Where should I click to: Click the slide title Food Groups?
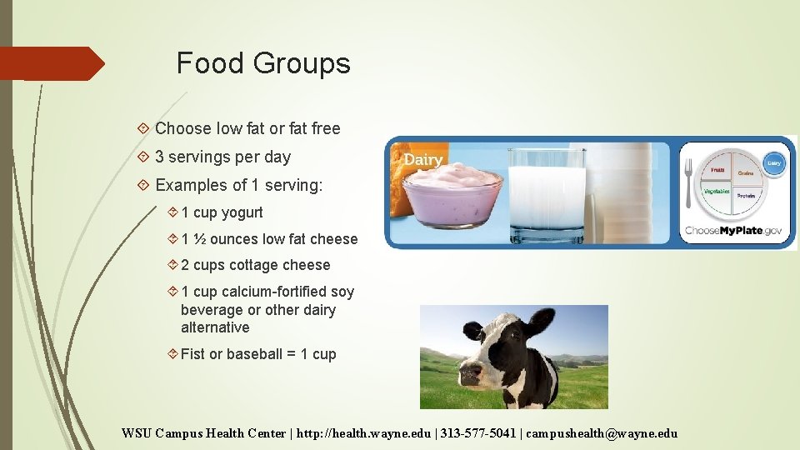[x=263, y=63]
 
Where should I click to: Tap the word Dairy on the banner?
[x=423, y=159]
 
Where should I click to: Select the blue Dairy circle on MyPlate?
[x=773, y=164]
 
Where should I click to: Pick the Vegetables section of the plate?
[x=716, y=192]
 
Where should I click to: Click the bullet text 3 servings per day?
[x=222, y=157]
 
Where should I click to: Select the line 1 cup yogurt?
[x=222, y=212]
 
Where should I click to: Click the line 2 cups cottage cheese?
[x=255, y=265]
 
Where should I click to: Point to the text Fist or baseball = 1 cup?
[x=258, y=354]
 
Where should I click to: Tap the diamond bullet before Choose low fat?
[x=143, y=129]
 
